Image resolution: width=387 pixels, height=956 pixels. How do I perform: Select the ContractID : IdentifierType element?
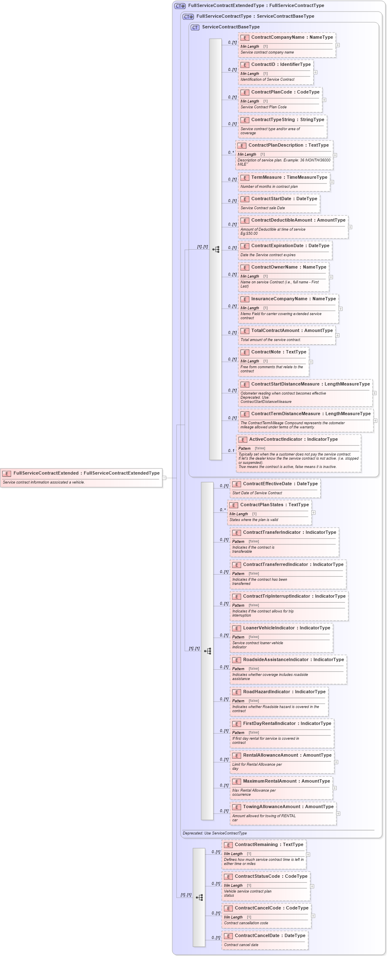(x=281, y=65)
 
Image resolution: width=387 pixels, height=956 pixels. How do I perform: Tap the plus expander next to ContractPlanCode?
(x=324, y=100)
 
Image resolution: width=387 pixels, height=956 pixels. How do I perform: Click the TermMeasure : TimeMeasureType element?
(x=289, y=178)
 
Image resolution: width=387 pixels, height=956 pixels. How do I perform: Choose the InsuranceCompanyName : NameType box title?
(x=293, y=299)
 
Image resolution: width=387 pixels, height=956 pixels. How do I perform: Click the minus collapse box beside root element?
(x=164, y=478)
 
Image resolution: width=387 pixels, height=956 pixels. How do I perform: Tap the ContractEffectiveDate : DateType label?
(x=280, y=484)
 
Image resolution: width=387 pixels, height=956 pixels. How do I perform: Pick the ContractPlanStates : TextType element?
(x=274, y=505)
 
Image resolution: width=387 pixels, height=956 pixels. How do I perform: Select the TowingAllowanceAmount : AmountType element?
(x=288, y=807)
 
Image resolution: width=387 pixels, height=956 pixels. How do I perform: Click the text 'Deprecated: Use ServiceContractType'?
(x=215, y=833)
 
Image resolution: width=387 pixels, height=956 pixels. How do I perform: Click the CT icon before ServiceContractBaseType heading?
(x=195, y=28)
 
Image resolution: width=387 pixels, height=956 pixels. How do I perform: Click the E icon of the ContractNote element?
(x=244, y=353)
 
